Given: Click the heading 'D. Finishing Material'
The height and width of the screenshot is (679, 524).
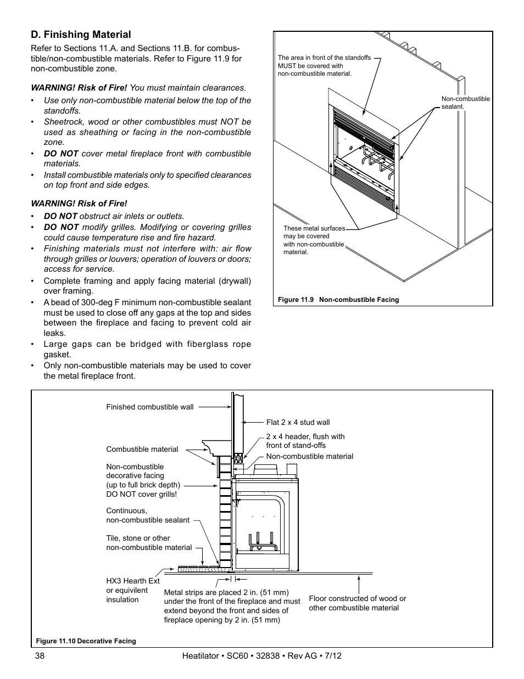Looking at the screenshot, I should click(81, 35).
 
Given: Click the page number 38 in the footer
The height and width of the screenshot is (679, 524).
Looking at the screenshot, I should click(36, 656).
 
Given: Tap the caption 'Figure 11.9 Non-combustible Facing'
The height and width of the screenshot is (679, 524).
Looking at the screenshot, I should click(338, 300).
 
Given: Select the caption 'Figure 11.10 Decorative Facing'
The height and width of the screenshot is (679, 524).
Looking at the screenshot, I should click(86, 641).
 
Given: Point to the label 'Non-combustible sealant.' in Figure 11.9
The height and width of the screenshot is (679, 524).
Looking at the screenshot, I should click(465, 103).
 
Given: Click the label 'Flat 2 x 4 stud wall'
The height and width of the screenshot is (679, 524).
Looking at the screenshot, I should click(298, 423).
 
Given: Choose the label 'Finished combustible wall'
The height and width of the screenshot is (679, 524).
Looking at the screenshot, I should click(149, 407).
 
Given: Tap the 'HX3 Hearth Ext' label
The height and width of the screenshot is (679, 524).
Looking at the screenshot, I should click(132, 581).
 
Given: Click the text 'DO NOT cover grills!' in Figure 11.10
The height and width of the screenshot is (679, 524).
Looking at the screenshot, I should click(141, 494).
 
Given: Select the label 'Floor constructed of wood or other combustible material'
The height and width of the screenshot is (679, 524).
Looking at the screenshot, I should click(357, 603).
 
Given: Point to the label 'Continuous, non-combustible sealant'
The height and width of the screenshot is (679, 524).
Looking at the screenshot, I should click(147, 515).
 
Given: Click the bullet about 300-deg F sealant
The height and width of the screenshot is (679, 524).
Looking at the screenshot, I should click(147, 318).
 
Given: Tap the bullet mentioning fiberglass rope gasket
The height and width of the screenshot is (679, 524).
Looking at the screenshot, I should click(147, 350).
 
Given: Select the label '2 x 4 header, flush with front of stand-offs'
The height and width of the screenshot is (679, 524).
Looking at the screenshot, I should click(305, 441).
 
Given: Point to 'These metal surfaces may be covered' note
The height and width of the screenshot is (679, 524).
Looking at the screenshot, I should click(314, 240).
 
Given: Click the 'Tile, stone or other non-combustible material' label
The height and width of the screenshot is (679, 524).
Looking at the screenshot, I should click(149, 543).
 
